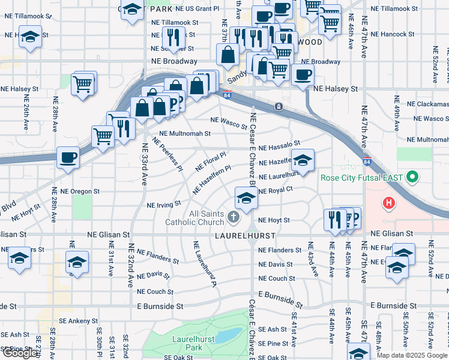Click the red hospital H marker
coord(390,203)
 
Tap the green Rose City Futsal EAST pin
coord(412,178)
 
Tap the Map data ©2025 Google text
coord(412,355)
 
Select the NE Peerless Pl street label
coord(167,154)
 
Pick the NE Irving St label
coord(164,205)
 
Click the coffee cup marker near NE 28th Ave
coord(68,158)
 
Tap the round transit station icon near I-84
coord(279,107)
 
